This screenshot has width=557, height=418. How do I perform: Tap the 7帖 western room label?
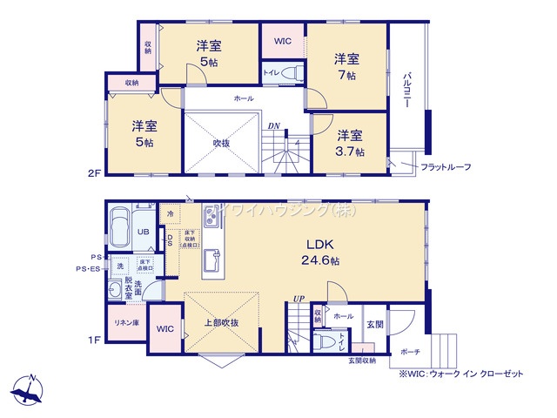[x=347, y=67]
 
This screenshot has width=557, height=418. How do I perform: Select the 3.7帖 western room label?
[x=350, y=143]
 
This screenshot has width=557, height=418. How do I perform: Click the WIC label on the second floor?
[x=283, y=41]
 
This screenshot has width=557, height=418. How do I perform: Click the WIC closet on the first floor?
[x=164, y=330]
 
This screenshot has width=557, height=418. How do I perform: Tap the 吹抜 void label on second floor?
[x=221, y=143]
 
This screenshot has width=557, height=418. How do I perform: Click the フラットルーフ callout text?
[x=446, y=166]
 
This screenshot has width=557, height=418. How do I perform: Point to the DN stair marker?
[x=273, y=125]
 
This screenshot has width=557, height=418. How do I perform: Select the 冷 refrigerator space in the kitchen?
[x=170, y=213]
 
